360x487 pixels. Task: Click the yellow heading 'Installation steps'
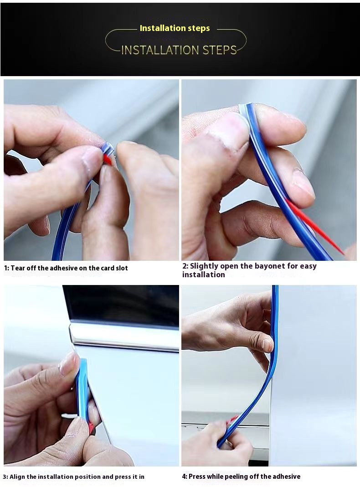(175, 28)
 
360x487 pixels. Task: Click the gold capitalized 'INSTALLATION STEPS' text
(179, 50)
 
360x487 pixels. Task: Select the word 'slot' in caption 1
(121, 268)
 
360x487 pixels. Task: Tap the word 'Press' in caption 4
(197, 477)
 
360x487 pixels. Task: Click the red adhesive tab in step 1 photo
(108, 159)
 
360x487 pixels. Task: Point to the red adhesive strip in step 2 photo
(319, 228)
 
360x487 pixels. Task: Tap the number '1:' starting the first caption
(6, 268)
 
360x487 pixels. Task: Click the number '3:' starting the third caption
(6, 477)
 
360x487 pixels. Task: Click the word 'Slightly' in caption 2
(204, 266)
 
